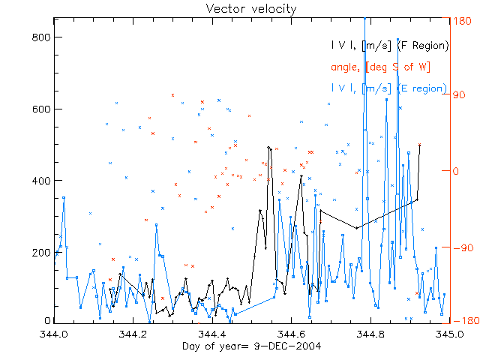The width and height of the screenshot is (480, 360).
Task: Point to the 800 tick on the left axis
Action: point(41,37)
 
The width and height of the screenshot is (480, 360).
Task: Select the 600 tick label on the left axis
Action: point(41,109)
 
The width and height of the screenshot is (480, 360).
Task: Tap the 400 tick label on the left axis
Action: point(41,181)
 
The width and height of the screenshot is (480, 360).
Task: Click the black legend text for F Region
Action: point(390,46)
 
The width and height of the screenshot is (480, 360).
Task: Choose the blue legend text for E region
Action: point(390,88)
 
